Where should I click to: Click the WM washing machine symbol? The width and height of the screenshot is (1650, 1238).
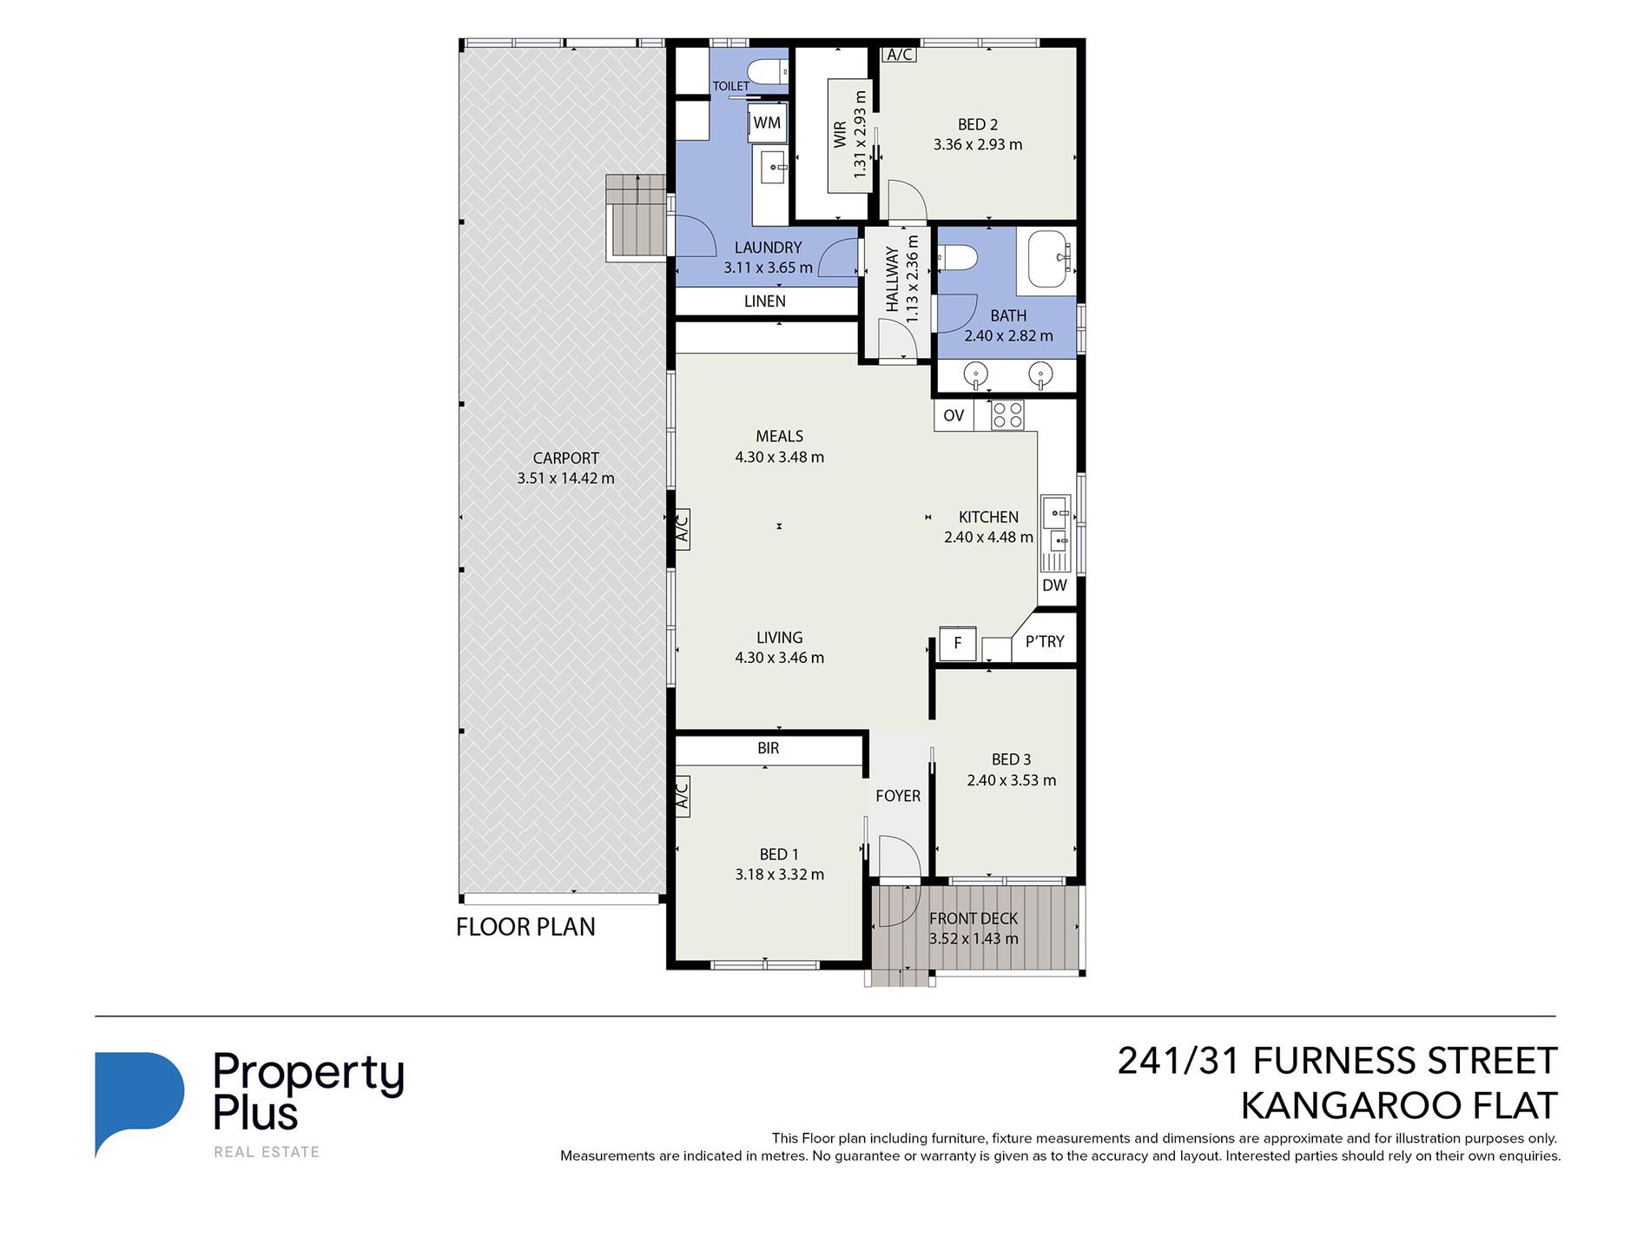click(x=767, y=122)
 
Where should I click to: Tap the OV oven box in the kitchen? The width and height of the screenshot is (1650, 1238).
click(x=954, y=415)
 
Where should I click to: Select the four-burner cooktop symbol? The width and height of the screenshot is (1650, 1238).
click(x=1007, y=414)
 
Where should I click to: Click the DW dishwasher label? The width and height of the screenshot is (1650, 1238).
click(x=1054, y=586)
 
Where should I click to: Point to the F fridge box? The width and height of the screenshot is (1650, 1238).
click(x=958, y=643)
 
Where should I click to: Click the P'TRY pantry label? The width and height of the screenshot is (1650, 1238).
click(x=1044, y=641)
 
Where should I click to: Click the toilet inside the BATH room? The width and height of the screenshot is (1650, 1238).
click(x=958, y=258)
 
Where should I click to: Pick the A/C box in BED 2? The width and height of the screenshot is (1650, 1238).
click(x=900, y=55)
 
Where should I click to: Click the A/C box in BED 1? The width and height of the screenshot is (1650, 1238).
click(x=683, y=794)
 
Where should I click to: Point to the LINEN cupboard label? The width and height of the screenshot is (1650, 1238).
click(x=764, y=301)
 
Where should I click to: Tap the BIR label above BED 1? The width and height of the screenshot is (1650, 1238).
click(x=768, y=748)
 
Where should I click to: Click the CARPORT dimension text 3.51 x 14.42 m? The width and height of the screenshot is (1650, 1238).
click(x=565, y=478)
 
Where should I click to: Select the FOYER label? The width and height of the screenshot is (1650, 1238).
click(x=897, y=796)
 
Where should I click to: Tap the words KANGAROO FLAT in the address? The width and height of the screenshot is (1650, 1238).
click(x=1398, y=1106)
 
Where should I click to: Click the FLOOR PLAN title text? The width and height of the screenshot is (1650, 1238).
click(x=525, y=927)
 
